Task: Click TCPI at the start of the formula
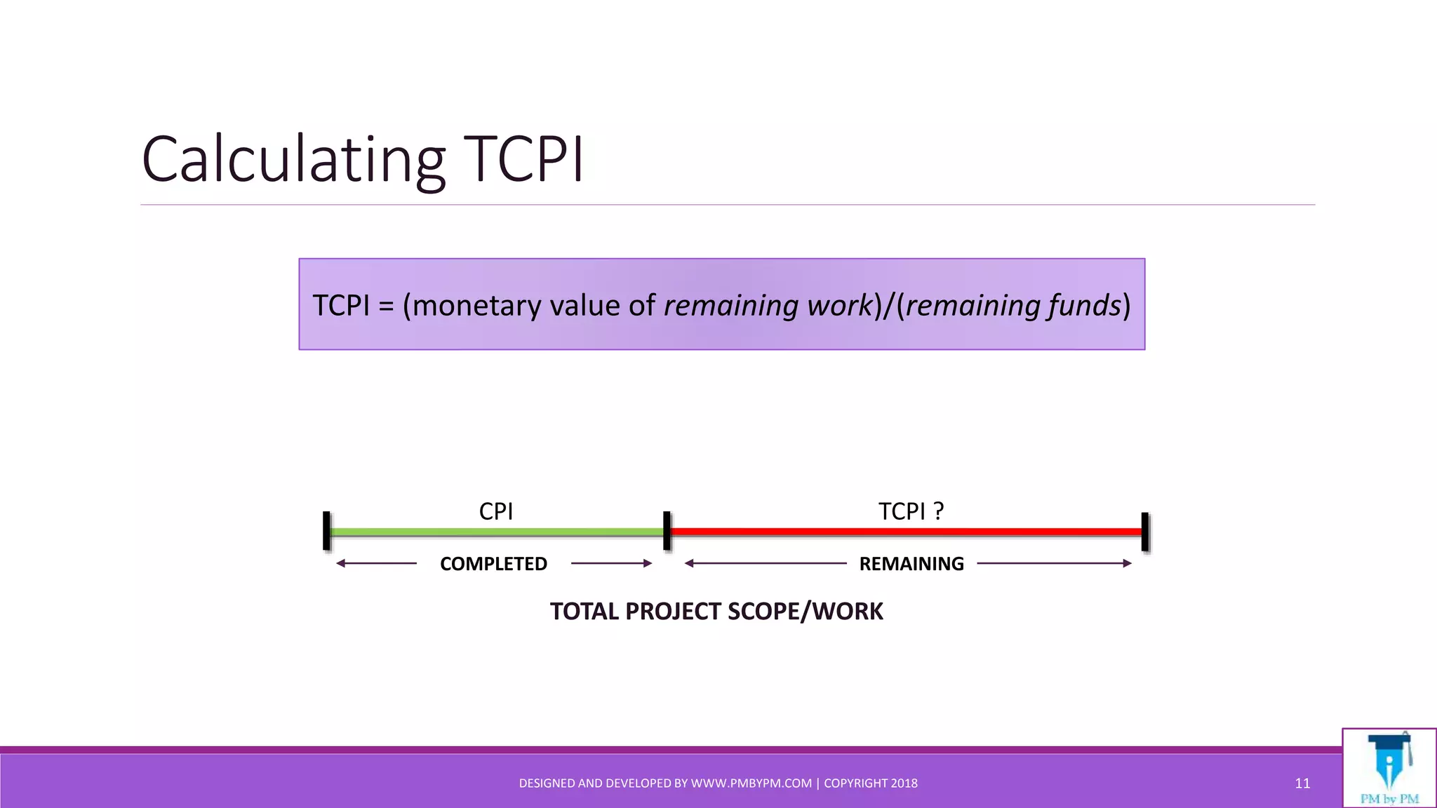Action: (x=340, y=306)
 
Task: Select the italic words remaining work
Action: (x=768, y=306)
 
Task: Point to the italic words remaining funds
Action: (x=1012, y=306)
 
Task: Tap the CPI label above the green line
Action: (x=495, y=511)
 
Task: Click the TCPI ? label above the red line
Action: (x=911, y=511)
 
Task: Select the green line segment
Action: (x=495, y=532)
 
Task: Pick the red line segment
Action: (x=905, y=532)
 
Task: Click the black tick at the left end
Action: (x=326, y=531)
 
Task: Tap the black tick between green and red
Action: (x=667, y=531)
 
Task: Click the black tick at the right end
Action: (x=1145, y=531)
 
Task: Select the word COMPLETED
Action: (x=493, y=564)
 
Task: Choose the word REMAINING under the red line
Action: (x=911, y=564)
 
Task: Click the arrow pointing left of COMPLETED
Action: (x=376, y=563)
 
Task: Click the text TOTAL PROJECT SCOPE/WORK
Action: (x=716, y=612)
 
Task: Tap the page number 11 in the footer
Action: (x=1302, y=783)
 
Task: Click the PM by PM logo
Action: (x=1389, y=769)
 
